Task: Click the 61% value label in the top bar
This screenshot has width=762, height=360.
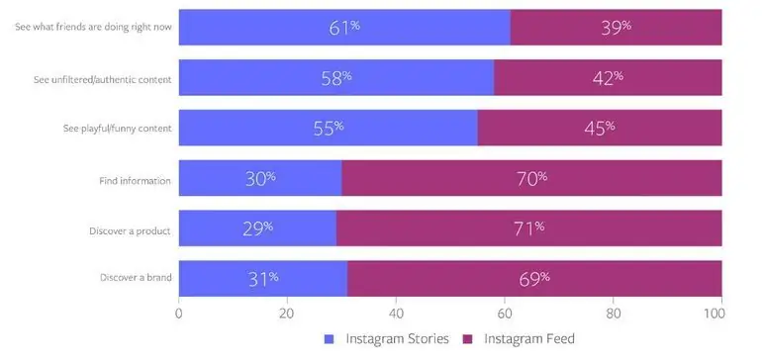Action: [x=343, y=28]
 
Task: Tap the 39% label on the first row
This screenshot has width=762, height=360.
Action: [x=615, y=28]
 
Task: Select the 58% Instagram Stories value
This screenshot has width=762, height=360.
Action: [x=335, y=78]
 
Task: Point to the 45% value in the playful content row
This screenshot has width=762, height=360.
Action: [x=599, y=129]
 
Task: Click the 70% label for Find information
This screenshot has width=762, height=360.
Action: [x=530, y=179]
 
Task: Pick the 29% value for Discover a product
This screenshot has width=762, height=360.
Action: [x=256, y=229]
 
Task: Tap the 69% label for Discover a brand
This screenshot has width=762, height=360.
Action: [x=533, y=279]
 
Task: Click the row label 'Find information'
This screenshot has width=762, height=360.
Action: [x=135, y=181]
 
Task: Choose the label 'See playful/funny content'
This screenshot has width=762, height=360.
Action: [x=115, y=129]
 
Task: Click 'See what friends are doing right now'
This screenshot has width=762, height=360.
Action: [x=94, y=27]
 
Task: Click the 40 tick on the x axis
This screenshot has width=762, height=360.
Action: [x=396, y=314]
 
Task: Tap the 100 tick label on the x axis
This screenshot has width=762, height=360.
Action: [x=720, y=314]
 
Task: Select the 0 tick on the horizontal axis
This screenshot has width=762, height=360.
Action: [x=179, y=314]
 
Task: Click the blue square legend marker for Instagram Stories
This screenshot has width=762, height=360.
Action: [x=330, y=339]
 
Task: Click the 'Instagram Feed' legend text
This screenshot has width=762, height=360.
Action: [x=528, y=339]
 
